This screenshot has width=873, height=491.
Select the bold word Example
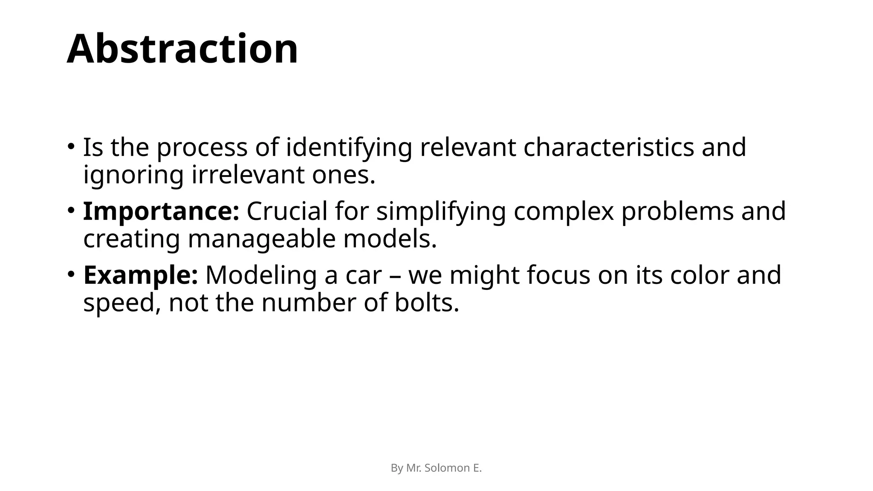click(141, 275)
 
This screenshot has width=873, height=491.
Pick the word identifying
click(349, 148)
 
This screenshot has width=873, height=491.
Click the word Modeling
click(261, 276)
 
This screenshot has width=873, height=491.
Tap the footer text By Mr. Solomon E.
click(436, 468)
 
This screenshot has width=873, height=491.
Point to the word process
click(202, 148)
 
